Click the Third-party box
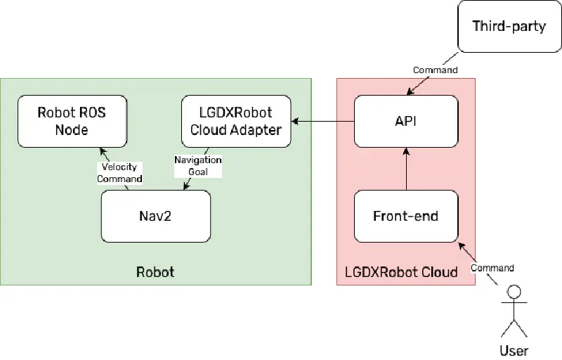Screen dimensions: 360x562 pos(509,27)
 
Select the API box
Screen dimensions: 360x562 pos(406,121)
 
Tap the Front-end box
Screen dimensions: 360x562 pos(406,216)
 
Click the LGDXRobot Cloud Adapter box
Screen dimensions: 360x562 pos(236,121)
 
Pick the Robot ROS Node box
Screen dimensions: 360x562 pos(72,121)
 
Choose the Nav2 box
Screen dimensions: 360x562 pos(156,216)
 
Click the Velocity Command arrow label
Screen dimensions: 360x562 pos(119,173)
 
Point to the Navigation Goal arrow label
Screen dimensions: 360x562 pos(197,166)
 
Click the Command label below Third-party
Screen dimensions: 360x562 pos(436,70)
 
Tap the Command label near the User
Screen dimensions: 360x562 pos(492,268)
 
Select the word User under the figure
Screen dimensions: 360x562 pos(514,350)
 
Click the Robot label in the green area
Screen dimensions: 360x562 pos(155,271)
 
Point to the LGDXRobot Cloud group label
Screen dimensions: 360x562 pos(402,271)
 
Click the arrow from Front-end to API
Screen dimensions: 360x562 pos(406,169)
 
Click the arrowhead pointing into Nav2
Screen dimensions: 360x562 pos(185,186)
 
